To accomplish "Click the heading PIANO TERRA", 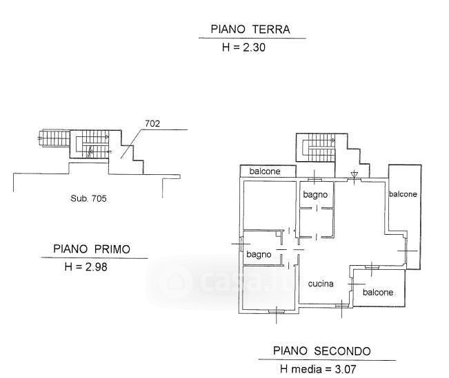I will point(251,30).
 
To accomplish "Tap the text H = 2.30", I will point(243,48).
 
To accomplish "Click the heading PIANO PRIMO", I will point(92,249).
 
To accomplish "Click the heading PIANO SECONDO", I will point(321,351).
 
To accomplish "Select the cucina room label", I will point(321,284).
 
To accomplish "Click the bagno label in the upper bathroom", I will point(316,195).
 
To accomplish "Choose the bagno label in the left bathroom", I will point(260,255).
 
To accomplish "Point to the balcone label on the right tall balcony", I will point(403,194).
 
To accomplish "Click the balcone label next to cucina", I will point(378,292).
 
